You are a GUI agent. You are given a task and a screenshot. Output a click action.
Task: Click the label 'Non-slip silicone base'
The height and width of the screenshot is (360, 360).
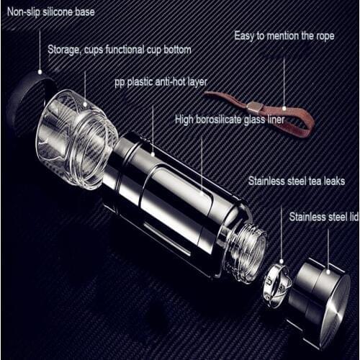(51, 12)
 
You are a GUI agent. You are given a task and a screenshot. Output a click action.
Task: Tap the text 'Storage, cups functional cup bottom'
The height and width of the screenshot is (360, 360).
(120, 50)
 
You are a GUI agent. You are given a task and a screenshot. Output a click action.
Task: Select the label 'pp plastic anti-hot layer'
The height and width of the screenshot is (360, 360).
(161, 82)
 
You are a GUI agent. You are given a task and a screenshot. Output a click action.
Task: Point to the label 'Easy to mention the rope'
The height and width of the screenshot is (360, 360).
(284, 36)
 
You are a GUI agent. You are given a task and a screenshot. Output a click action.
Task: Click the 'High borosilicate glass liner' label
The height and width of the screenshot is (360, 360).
(230, 120)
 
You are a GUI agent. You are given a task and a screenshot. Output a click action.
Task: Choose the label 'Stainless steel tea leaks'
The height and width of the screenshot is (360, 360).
(297, 181)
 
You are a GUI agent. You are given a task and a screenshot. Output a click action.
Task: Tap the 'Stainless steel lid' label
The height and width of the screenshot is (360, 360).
(324, 217)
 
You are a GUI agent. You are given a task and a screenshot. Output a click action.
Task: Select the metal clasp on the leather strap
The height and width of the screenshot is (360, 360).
(255, 107)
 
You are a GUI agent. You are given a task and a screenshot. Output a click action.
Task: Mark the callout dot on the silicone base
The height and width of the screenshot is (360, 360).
(40, 72)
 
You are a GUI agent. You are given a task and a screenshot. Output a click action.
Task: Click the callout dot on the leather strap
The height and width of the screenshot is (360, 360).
(284, 109)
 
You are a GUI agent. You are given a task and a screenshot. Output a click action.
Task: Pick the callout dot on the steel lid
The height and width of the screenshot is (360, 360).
(328, 271)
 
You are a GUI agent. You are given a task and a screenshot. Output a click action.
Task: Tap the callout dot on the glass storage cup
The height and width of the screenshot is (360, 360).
(85, 104)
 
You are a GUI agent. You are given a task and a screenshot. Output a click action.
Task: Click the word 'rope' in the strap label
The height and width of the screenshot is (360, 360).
(324, 37)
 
